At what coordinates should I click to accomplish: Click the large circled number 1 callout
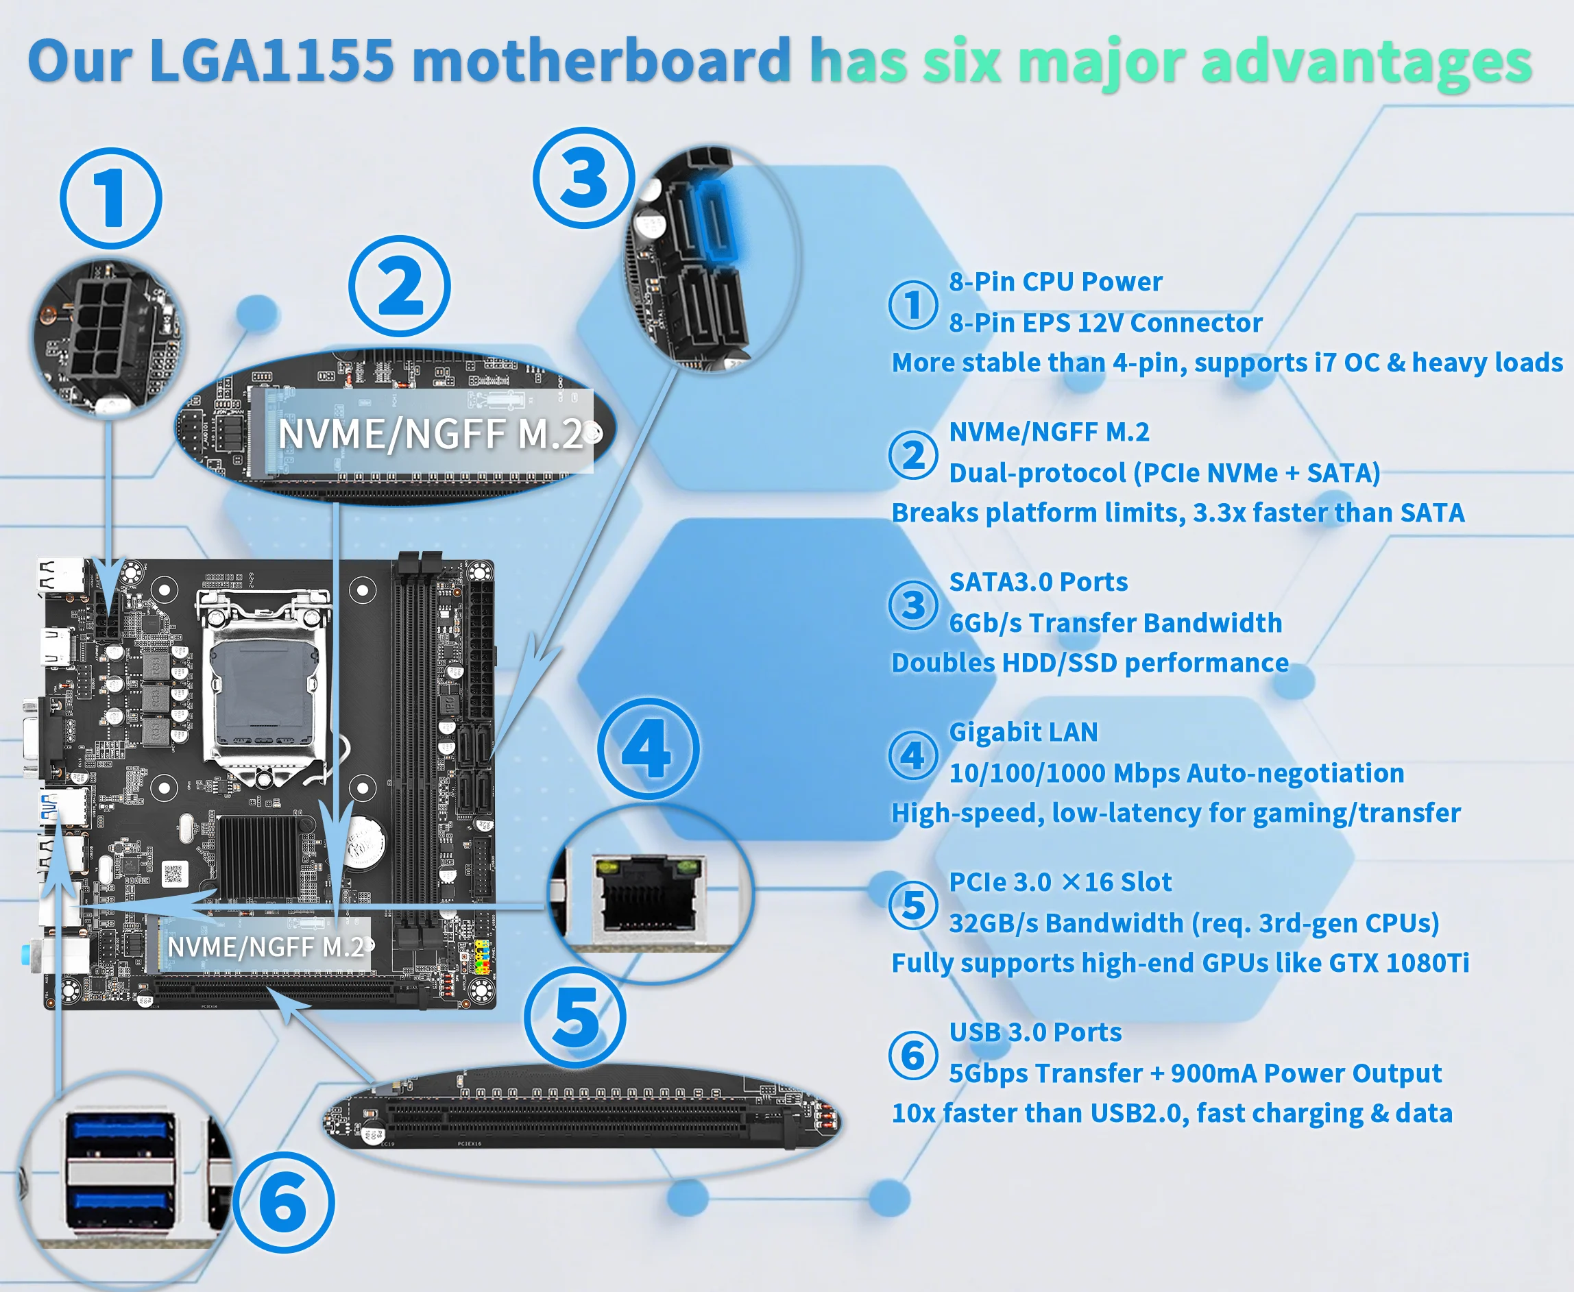(111, 198)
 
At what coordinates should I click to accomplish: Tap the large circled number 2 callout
(400, 287)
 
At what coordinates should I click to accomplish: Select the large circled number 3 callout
(584, 178)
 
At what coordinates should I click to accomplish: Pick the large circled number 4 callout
(649, 748)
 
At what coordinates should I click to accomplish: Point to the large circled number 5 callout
(575, 1017)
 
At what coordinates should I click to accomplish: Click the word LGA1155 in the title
(271, 60)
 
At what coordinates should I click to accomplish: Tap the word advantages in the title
(1366, 64)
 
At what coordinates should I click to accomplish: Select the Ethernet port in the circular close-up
(647, 894)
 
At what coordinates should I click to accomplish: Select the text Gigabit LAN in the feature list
(1024, 732)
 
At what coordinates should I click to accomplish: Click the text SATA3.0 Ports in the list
(1038, 582)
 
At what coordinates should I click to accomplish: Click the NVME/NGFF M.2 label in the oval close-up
(430, 434)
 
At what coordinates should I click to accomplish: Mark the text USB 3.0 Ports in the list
(1035, 1032)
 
